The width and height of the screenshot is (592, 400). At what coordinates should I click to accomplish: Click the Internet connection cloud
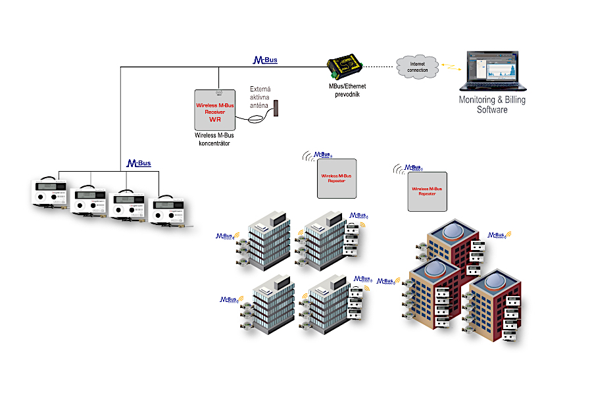tap(417, 66)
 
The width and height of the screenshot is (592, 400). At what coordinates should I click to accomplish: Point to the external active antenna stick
tap(278, 109)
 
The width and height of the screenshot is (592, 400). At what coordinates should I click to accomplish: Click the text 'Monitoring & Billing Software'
tap(492, 105)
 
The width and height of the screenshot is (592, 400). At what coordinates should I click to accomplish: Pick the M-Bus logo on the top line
tap(266, 61)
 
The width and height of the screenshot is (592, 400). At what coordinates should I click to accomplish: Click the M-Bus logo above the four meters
tap(139, 162)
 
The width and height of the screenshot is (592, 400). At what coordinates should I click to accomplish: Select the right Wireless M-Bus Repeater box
tap(427, 191)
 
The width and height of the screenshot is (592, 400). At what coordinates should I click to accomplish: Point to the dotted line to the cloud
tap(380, 66)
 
